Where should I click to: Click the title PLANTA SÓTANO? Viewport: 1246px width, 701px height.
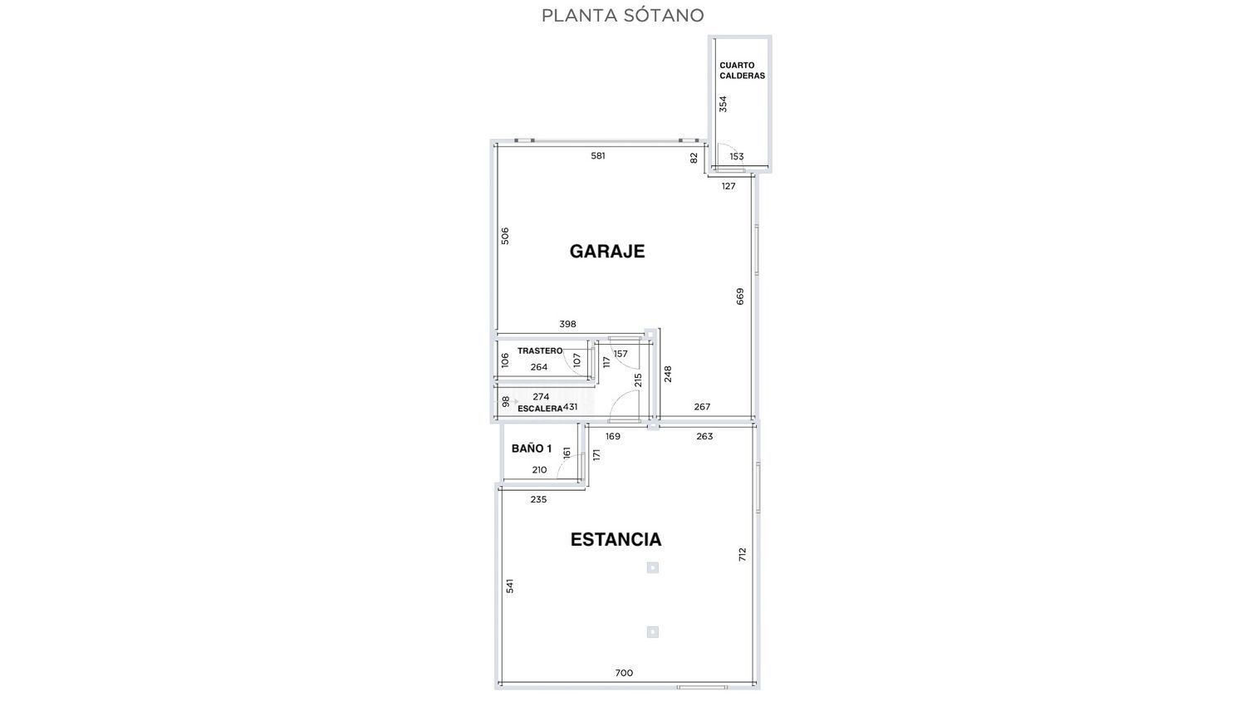[x=622, y=16]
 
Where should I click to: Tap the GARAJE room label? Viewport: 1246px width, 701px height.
[x=607, y=252]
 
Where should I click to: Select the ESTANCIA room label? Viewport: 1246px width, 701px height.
[x=616, y=540]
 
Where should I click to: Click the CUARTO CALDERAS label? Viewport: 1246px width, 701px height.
[x=742, y=71]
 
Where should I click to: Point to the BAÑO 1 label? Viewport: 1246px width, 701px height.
[x=532, y=449]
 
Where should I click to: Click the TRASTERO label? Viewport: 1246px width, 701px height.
[x=540, y=351]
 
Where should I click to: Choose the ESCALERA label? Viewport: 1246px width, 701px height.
[x=540, y=409]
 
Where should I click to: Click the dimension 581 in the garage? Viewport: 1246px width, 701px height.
[x=598, y=156]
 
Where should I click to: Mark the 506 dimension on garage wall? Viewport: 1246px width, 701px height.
[x=505, y=236]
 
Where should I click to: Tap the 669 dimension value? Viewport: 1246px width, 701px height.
[x=740, y=297]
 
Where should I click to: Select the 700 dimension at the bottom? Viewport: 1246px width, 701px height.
[x=624, y=674]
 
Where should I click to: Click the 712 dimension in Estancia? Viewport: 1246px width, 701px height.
[x=743, y=554]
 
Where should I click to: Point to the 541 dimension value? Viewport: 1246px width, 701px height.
[x=510, y=586]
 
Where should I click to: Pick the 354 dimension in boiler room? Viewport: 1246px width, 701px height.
[x=724, y=104]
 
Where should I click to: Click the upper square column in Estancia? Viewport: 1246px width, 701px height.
[x=653, y=568]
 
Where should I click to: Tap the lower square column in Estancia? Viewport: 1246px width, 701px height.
[x=653, y=632]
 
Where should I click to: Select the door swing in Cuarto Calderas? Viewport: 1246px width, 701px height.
[x=727, y=154]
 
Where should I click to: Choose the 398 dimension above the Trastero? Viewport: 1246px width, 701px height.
[x=567, y=325]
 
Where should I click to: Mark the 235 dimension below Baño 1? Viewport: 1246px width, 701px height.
[x=538, y=500]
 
